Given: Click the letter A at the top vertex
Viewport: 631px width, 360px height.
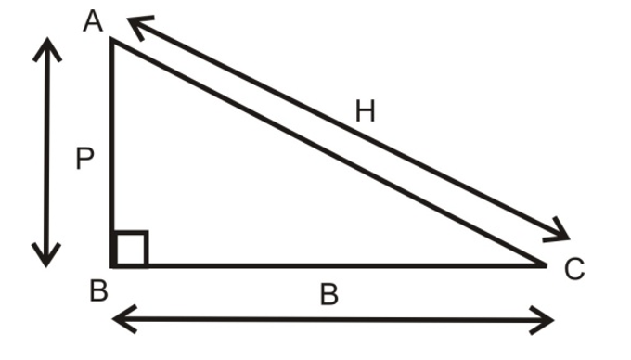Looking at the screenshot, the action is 93,19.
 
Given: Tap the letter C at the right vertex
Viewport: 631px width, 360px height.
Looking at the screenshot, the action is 574,269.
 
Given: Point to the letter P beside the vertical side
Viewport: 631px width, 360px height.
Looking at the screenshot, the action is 84,161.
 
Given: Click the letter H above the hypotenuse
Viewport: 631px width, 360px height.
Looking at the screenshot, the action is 366,111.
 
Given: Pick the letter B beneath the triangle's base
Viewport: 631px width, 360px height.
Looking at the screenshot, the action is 328,295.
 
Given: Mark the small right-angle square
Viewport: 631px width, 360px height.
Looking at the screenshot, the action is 130,249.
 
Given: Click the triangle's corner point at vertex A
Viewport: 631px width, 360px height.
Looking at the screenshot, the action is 112,39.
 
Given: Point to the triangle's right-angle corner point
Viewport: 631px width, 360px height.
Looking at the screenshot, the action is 112,265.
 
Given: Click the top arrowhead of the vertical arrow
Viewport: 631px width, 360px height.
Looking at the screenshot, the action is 46,46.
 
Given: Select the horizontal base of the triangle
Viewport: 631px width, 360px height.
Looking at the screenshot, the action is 325,265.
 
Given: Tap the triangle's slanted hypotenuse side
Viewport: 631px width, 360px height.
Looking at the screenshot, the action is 325,150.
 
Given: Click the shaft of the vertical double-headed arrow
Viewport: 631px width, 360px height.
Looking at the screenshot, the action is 46,153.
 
